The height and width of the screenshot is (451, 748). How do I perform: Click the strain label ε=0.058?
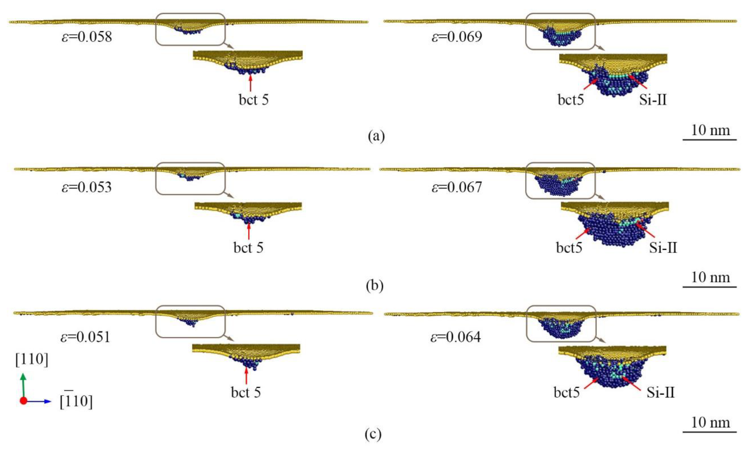pos(87,37)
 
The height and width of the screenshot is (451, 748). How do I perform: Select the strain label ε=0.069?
pos(457,37)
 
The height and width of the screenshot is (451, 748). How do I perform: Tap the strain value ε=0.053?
pos(87,187)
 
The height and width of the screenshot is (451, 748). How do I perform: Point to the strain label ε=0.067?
pos(457,187)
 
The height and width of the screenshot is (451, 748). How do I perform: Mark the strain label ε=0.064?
pos(456,337)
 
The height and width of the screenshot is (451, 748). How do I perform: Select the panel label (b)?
pos(375,286)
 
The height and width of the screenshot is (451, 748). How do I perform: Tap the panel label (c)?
pos(373,434)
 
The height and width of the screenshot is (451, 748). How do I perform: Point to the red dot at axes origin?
pos(23,401)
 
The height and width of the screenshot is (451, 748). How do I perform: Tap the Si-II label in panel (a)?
pos(653,100)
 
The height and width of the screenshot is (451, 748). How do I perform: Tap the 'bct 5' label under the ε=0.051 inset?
pos(246,392)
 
